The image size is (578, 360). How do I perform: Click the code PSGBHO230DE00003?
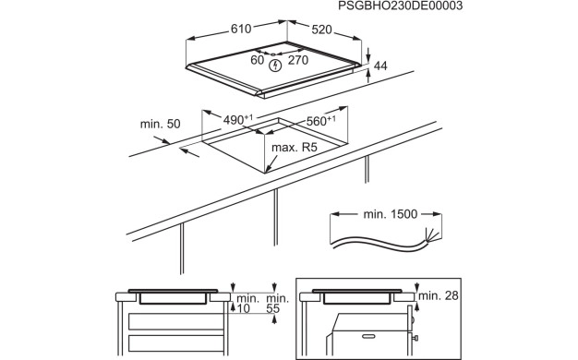pyautogui.click(x=400, y=6)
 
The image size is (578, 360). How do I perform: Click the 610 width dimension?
pyautogui.click(x=241, y=29)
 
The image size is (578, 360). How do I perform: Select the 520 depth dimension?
pyautogui.click(x=321, y=30)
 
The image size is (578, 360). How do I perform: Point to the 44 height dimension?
pyautogui.click(x=380, y=66)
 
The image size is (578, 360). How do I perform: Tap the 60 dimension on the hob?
pyautogui.click(x=257, y=60)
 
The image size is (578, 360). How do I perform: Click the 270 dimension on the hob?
pyautogui.click(x=298, y=60)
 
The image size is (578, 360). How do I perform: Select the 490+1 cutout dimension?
pyautogui.click(x=238, y=120)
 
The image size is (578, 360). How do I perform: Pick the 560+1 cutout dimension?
pyautogui.click(x=321, y=121)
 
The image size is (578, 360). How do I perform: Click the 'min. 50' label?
pyautogui.click(x=161, y=124)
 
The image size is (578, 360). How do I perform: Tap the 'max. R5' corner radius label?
pyautogui.click(x=295, y=148)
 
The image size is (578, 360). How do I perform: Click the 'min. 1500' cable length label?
pyautogui.click(x=391, y=214)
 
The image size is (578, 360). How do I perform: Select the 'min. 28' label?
pyautogui.click(x=439, y=295)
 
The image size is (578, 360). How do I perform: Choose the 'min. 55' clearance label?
pyautogui.click(x=277, y=304)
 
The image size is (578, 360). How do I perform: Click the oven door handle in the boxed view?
pyautogui.click(x=368, y=336)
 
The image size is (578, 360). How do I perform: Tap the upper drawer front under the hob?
pyautogui.click(x=175, y=321)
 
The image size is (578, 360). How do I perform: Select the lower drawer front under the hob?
pyautogui.click(x=175, y=343)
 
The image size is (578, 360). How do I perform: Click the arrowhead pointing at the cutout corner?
pyautogui.click(x=269, y=168)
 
